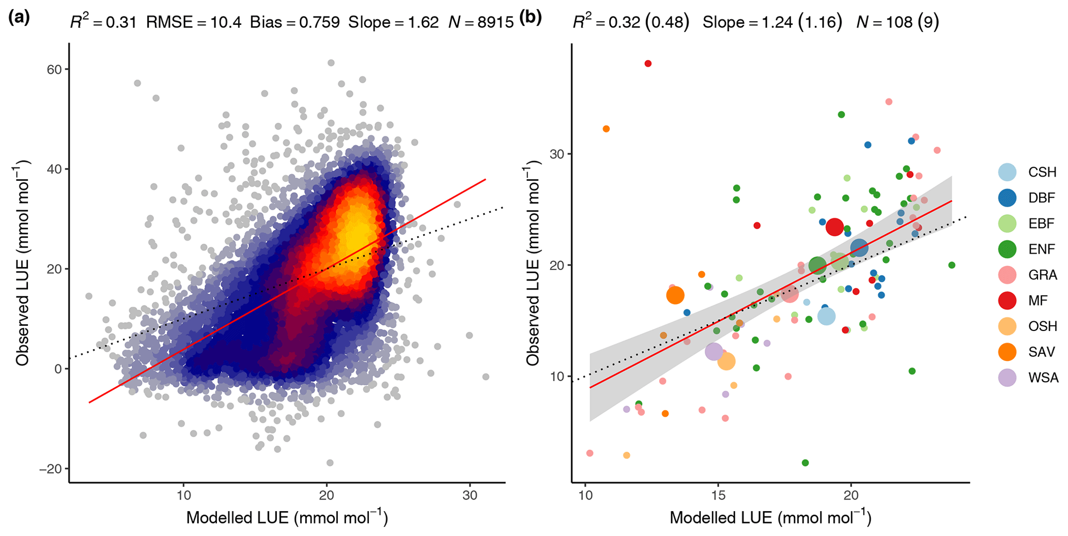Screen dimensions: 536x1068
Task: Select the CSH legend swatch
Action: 1008,172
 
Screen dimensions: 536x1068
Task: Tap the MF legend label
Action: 1039,301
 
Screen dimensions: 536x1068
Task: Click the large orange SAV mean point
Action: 675,295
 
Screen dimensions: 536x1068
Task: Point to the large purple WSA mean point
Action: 714,352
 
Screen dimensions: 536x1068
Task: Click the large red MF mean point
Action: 835,227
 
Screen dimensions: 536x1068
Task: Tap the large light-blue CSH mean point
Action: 827,316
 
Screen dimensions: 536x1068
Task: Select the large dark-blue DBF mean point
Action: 859,248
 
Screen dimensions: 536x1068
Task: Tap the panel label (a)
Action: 19,18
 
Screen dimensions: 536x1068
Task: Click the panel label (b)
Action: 530,18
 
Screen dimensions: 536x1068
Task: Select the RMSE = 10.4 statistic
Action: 194,22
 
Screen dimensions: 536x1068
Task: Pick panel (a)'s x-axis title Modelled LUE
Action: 287,517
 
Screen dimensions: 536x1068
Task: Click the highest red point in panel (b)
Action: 648,64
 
